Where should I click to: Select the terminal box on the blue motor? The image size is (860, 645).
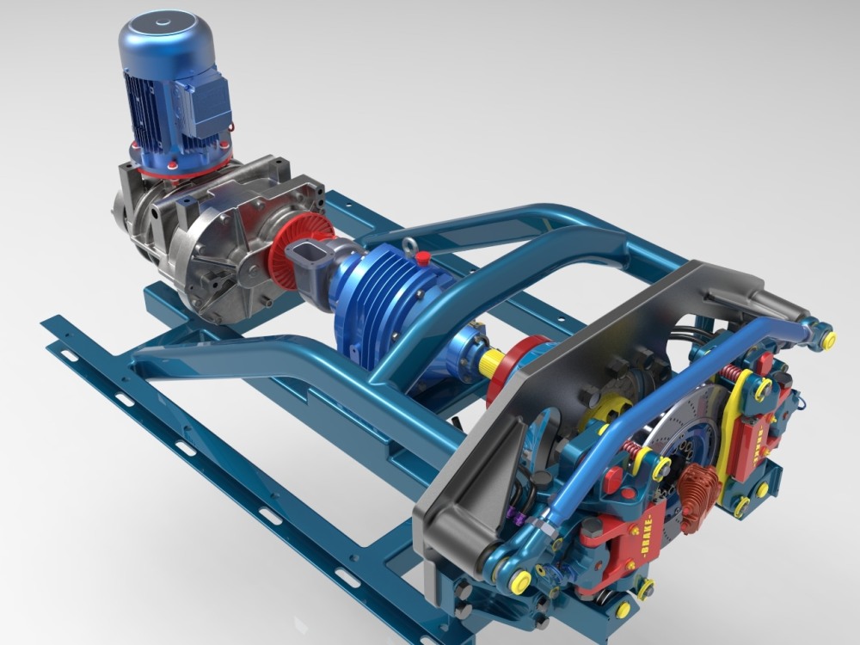coord(205,103)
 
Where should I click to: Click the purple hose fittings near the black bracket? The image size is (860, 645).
coord(516,515)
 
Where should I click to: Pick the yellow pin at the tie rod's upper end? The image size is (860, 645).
coord(828,340)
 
